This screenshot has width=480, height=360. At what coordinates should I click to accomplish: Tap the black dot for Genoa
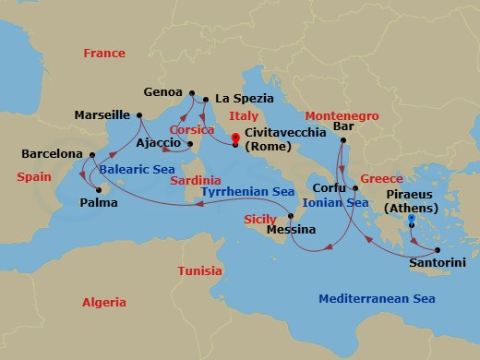click(192, 93)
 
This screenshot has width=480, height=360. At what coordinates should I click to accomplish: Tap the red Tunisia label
click(199, 270)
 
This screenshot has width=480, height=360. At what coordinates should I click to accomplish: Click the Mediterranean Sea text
click(376, 298)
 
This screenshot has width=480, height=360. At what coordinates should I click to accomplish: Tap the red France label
click(104, 54)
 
